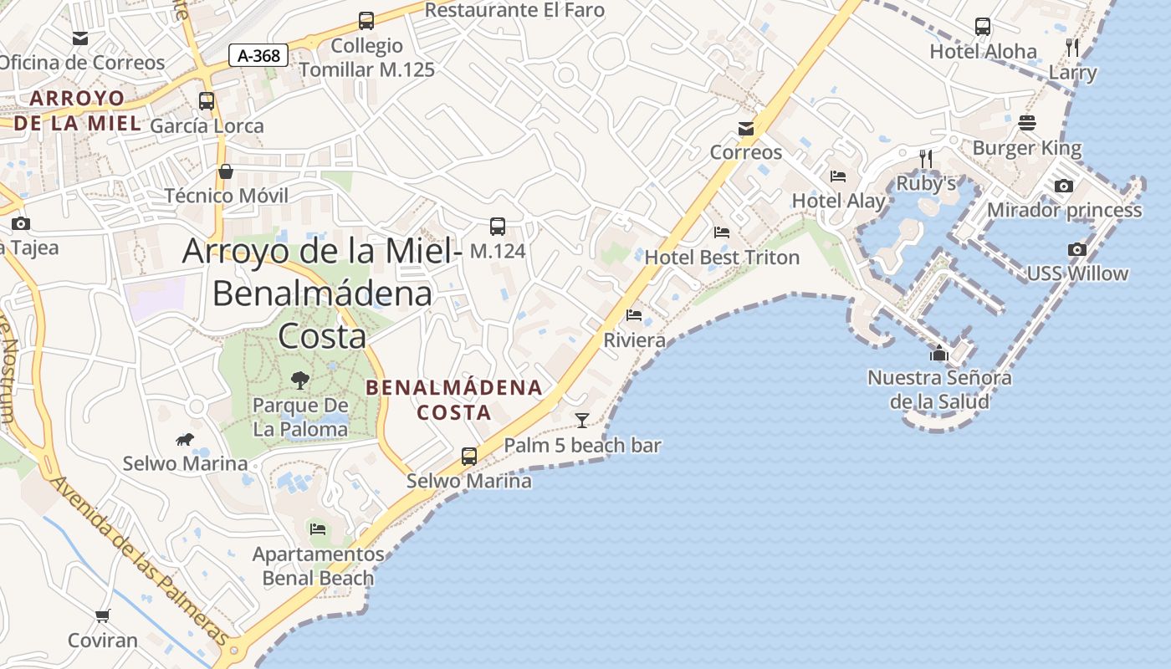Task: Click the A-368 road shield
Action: (258, 56)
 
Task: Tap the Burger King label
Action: (1026, 149)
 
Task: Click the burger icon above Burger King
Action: (1027, 123)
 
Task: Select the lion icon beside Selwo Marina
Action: (185, 439)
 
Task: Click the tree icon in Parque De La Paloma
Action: (299, 380)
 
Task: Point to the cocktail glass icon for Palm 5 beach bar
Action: (582, 420)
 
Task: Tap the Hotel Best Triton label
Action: (722, 257)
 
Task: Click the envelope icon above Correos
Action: (745, 128)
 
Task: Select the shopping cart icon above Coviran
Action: (103, 616)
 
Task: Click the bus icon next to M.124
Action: (497, 226)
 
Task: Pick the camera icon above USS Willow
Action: (1077, 249)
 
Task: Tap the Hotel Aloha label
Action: (983, 51)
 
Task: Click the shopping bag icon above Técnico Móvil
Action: (226, 171)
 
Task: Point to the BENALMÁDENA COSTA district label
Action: (454, 400)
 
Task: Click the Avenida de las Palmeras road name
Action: (138, 559)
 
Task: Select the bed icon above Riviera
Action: (634, 315)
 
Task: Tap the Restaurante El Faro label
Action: (514, 10)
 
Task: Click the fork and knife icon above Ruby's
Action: (925, 157)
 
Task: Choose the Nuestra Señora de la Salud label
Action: (939, 389)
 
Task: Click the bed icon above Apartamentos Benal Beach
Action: (317, 529)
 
